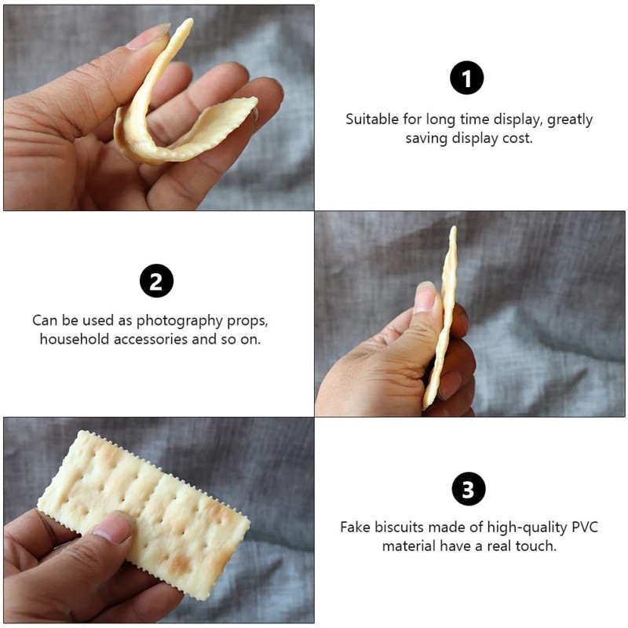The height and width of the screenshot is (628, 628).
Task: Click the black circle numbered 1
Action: click(x=466, y=78)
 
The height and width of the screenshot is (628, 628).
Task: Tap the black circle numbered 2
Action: click(x=156, y=281)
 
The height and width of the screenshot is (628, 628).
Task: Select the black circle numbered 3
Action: click(x=469, y=490)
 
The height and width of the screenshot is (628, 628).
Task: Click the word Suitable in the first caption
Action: click(x=371, y=120)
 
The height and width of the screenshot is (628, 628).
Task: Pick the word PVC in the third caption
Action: click(x=582, y=527)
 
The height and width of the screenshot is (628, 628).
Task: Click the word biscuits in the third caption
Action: click(x=403, y=527)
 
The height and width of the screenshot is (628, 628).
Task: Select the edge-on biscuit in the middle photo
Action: click(x=443, y=314)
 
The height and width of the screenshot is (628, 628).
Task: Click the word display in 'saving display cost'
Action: click(x=473, y=138)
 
